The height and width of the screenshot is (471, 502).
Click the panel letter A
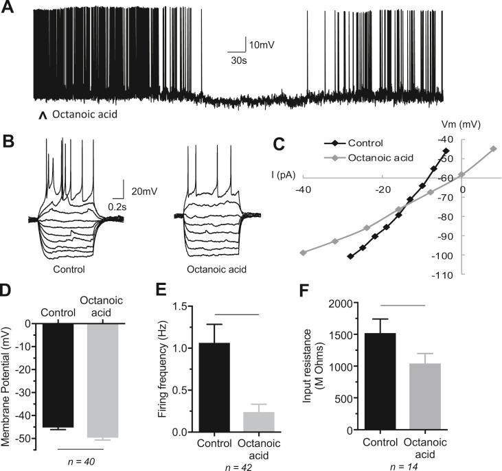click(x=9, y=12)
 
